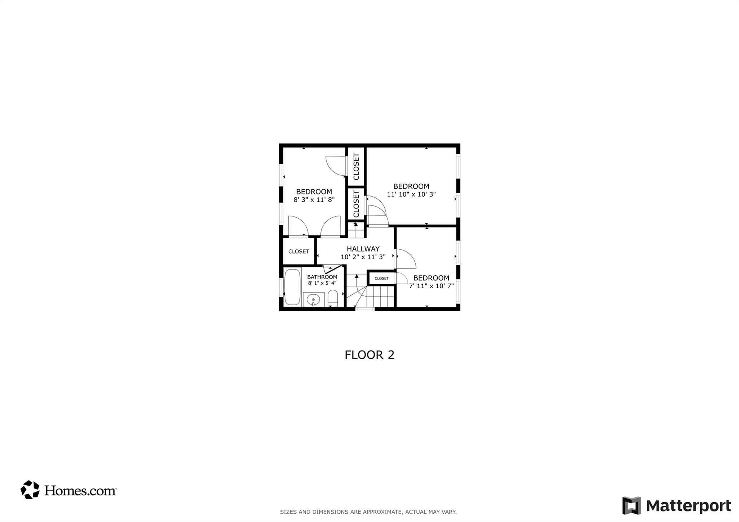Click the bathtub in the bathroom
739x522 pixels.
pos(292,287)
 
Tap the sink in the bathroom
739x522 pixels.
pos(313,299)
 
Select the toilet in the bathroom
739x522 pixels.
pos(333,298)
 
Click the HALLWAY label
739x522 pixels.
pos(363,249)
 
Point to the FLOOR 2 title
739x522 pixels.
pos(369,355)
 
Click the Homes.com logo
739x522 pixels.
pos(69,490)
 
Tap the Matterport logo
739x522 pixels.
pos(676,505)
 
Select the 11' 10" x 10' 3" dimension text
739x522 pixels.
pos(411,194)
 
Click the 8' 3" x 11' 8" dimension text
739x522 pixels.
pos(314,199)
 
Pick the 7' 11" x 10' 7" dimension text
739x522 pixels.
pos(431,286)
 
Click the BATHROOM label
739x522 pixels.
pos(322,277)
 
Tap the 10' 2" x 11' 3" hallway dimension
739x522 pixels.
pos(363,257)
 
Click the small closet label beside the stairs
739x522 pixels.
pos(381,278)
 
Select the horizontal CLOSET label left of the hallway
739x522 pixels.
pos(298,251)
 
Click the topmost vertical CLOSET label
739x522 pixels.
pos(356,167)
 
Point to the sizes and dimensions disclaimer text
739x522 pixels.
pos(368,512)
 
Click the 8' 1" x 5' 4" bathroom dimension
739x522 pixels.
pos(322,283)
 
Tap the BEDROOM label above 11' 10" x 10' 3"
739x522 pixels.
pos(411,187)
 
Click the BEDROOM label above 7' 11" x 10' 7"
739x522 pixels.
pos(431,278)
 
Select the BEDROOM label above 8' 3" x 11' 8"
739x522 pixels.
pos(314,192)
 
